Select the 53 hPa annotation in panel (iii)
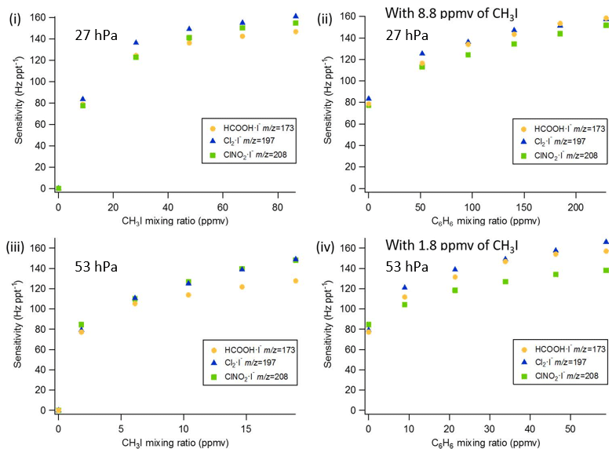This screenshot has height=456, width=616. click(95, 266)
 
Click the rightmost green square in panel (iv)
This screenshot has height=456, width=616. click(605, 270)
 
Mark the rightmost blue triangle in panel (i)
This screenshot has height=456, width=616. click(296, 16)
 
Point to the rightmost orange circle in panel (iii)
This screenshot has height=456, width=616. click(296, 280)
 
